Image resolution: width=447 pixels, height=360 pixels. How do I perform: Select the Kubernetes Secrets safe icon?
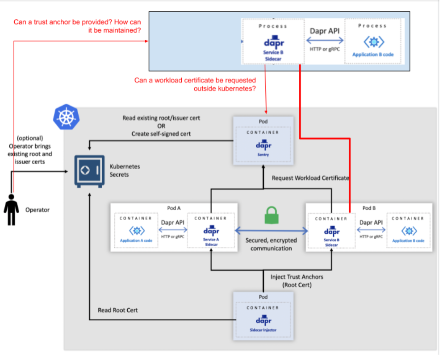click(89, 170)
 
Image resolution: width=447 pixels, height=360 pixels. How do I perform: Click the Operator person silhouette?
click(11, 210)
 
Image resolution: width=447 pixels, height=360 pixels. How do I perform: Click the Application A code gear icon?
click(137, 231)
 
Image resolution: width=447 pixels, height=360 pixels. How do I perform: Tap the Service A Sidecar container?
click(211, 232)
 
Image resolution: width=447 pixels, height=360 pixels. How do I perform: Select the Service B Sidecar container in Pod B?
click(331, 232)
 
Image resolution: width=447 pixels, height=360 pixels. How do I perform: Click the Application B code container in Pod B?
click(408, 232)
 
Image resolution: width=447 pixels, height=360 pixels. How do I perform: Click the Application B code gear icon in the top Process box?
click(373, 42)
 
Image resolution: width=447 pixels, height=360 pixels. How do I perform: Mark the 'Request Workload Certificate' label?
click(310, 178)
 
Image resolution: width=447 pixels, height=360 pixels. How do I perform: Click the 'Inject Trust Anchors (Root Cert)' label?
click(297, 281)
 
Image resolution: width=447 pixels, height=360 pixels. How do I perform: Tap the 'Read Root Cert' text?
click(118, 310)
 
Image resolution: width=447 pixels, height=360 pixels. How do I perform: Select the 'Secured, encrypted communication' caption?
click(271, 244)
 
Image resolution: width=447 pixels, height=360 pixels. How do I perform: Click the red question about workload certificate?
click(195, 84)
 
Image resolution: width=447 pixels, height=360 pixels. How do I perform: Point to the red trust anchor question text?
click(78, 26)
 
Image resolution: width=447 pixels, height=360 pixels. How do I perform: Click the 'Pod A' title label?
click(174, 208)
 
